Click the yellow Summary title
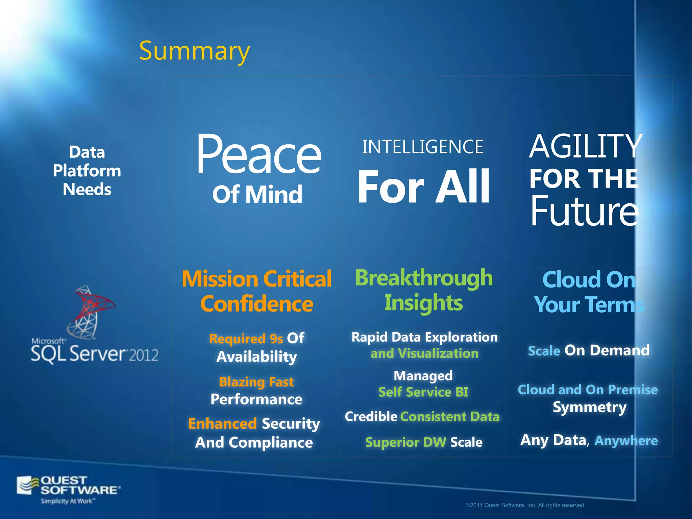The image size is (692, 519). tap(194, 51)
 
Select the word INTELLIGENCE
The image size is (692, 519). tap(422, 147)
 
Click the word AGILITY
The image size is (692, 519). tap(585, 146)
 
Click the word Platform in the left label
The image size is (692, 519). tap(87, 171)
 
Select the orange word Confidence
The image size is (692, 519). tap(256, 304)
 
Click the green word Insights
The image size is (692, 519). tap(423, 303)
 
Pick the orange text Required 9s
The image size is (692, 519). tap(246, 339)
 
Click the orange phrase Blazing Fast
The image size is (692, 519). tap(256, 382)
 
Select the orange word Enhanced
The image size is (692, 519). tap(222, 424)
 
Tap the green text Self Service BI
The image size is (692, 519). tap(423, 392)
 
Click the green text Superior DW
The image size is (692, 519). tap(405, 442)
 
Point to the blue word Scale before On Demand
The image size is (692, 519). tap(544, 351)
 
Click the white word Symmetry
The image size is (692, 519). tap(589, 407)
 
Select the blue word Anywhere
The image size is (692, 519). tap(626, 440)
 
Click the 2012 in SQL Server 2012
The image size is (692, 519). tap(144, 355)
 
